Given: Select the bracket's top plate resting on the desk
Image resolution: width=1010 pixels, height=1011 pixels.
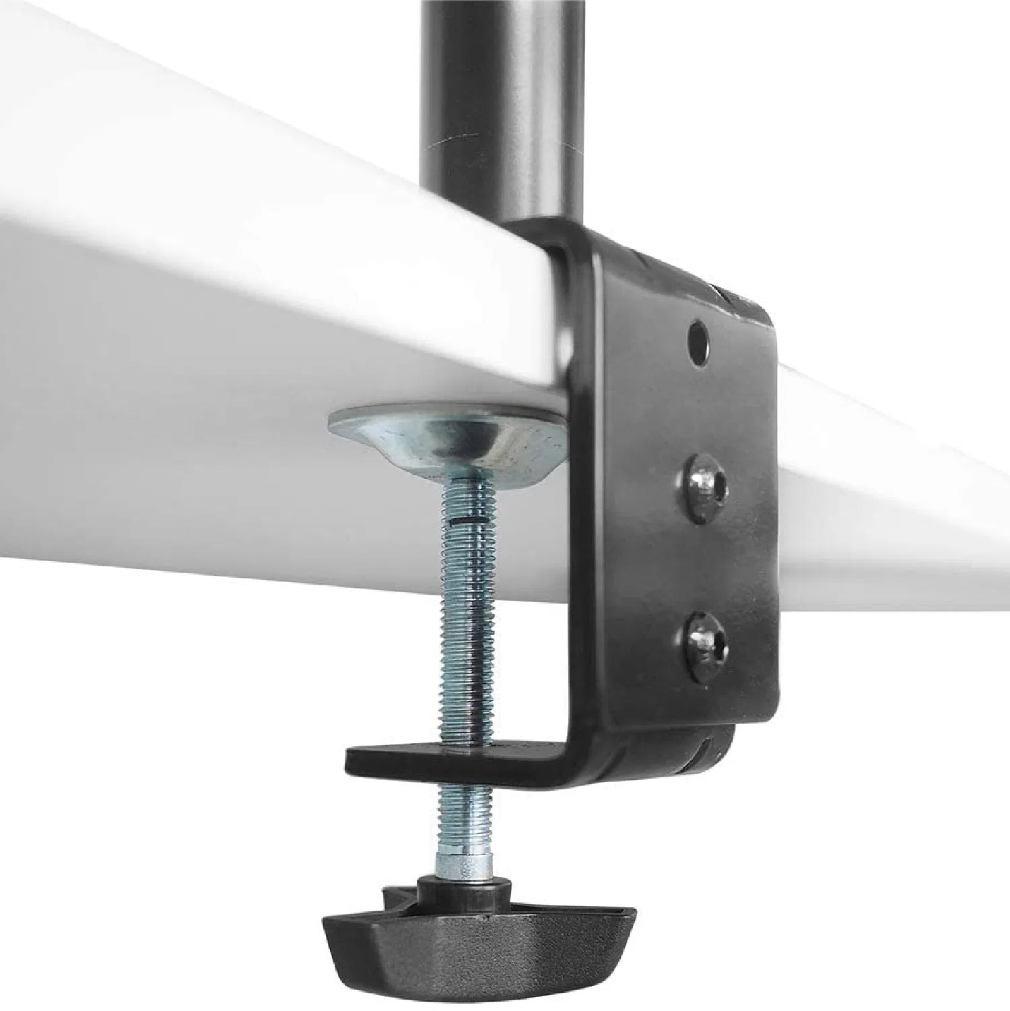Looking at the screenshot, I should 646,259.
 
